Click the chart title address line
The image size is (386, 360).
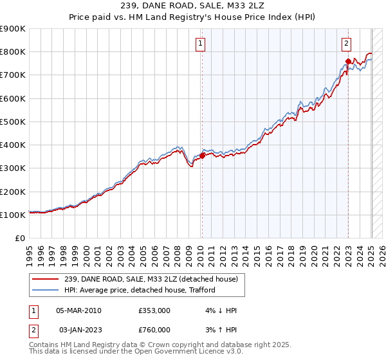pyautogui.click(x=192, y=7)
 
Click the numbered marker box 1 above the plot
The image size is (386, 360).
pyautogui.click(x=201, y=44)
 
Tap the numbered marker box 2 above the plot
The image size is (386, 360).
pyautogui.click(x=346, y=44)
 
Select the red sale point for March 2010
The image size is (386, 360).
pyautogui.click(x=202, y=155)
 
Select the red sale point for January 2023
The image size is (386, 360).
pyautogui.click(x=348, y=61)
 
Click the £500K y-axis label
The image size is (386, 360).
pyautogui.click(x=13, y=122)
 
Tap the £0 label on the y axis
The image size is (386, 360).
pyautogui.click(x=19, y=238)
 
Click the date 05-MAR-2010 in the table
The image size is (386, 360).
pyautogui.click(x=79, y=310)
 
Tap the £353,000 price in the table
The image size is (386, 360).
pyautogui.click(x=154, y=310)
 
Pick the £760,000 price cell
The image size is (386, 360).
pyautogui.click(x=154, y=329)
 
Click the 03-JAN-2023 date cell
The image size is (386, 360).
pyautogui.click(x=79, y=329)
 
